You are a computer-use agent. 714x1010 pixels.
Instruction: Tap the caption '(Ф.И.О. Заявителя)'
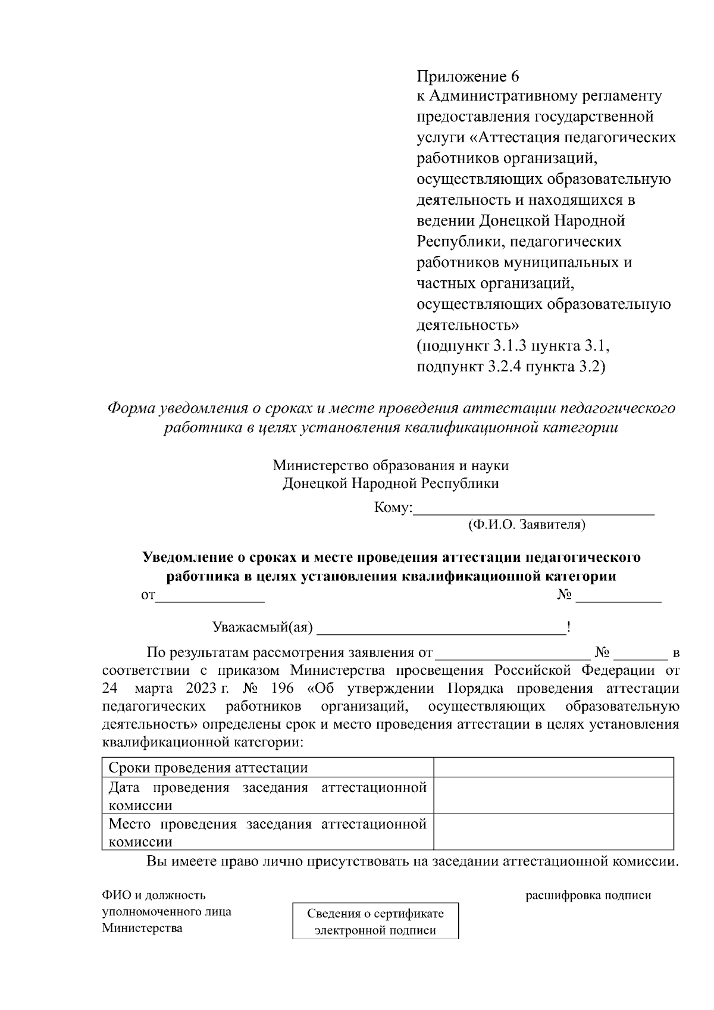[527, 525]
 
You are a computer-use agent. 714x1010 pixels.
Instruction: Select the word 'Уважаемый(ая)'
[263, 627]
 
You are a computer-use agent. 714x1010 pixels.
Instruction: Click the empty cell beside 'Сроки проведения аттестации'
[553, 767]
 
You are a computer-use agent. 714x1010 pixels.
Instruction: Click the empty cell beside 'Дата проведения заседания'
[553, 796]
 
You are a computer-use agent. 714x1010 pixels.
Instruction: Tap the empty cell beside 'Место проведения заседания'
[553, 832]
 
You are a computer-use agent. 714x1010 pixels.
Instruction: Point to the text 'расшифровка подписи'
[588, 895]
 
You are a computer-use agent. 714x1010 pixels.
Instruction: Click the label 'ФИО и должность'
[154, 895]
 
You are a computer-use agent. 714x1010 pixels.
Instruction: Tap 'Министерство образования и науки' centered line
[391, 465]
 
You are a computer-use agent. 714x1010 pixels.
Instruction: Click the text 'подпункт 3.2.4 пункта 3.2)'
[511, 367]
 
